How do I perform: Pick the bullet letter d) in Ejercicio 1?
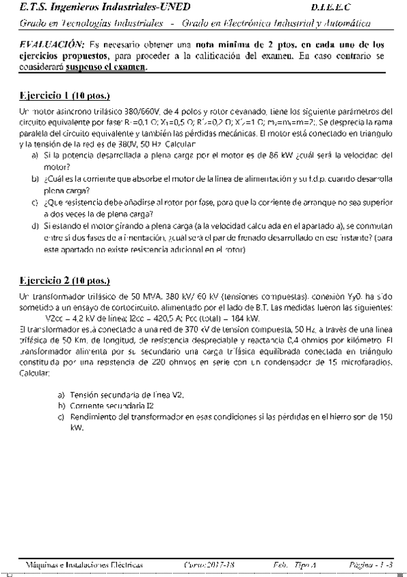point(35,223)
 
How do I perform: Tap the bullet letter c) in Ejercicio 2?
point(61,416)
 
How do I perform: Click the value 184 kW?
point(245,317)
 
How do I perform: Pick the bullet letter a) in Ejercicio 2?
point(61,395)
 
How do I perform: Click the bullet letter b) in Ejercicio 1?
point(35,179)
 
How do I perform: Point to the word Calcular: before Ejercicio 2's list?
point(34,374)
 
